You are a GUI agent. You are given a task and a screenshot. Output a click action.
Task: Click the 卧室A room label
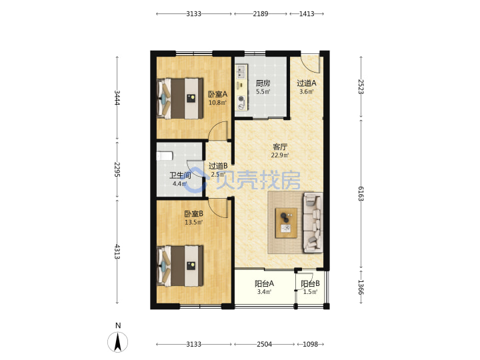point(217,94)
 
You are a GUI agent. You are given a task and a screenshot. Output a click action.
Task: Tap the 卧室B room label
point(193,214)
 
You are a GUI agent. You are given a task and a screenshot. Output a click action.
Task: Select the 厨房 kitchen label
point(263,83)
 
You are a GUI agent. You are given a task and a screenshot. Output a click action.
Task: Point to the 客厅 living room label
point(280,147)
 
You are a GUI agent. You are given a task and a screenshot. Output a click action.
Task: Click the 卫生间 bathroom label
point(180,175)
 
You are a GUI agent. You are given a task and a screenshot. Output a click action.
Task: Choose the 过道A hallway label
point(307,83)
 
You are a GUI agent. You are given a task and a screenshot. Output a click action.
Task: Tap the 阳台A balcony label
point(264,283)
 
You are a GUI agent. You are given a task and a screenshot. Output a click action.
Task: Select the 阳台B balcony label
point(310,283)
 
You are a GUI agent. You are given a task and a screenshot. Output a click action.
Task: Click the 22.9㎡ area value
point(280,155)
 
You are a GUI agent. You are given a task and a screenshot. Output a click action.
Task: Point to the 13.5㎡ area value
point(193,222)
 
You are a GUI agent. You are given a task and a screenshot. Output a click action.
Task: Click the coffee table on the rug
point(286,223)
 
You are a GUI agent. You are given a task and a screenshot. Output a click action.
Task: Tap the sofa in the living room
point(313,223)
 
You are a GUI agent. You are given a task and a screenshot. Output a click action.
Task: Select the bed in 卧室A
point(180,98)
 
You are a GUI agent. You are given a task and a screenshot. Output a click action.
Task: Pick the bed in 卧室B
point(180,266)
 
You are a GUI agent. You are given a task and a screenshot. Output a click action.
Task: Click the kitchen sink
point(241,71)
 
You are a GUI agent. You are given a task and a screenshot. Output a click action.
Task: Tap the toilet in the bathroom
point(165,156)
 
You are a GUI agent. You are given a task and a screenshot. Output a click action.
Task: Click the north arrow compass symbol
point(118,341)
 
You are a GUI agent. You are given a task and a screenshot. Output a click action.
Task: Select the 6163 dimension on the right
point(361,194)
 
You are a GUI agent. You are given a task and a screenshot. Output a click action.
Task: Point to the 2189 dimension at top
point(261,14)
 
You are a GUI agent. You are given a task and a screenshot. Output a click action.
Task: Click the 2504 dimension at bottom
point(264,345)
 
